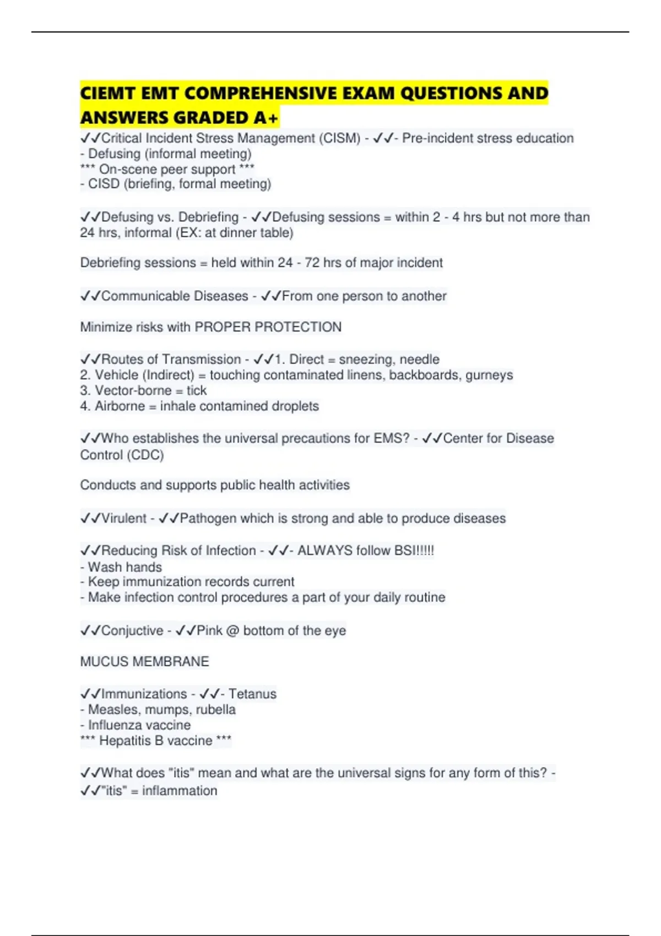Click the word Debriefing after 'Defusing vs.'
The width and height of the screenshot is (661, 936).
pyautogui.click(x=208, y=217)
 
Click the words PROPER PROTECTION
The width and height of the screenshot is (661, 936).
pyautogui.click(x=268, y=327)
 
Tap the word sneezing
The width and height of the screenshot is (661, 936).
pyautogui.click(x=366, y=360)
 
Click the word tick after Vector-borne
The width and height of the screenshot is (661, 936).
pyautogui.click(x=197, y=390)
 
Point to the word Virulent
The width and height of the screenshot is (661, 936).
pyautogui.click(x=124, y=518)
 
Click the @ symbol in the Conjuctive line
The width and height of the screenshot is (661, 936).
pyautogui.click(x=232, y=630)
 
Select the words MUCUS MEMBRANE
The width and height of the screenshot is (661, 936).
pyautogui.click(x=144, y=661)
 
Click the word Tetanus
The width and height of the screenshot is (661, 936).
pyautogui.click(x=252, y=694)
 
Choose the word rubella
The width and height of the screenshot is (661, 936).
pyautogui.click(x=215, y=710)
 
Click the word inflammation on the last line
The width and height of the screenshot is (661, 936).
pyautogui.click(x=180, y=791)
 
